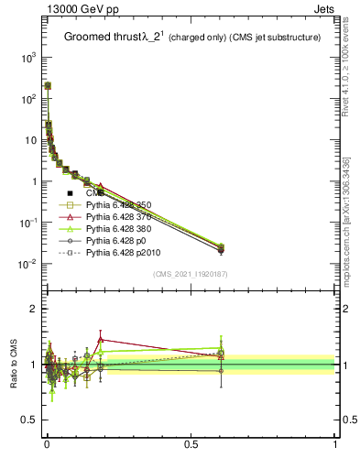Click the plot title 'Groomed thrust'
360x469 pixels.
pos(102,38)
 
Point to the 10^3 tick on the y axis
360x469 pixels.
pos(27,57)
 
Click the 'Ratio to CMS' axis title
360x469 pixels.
pos(13,365)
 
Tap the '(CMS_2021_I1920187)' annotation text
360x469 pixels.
pos(191,274)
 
